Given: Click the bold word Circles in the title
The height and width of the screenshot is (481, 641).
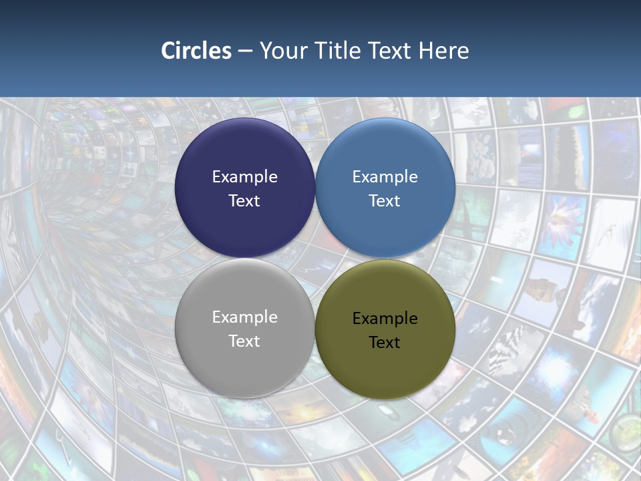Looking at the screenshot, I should [x=196, y=51].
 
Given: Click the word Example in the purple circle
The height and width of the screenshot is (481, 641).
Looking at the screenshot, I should [x=244, y=176].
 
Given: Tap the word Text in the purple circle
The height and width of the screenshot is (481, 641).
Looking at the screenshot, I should [x=244, y=200].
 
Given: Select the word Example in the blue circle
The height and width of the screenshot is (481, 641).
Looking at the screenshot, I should [x=385, y=176].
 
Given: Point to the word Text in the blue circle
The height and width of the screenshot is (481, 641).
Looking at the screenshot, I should [x=385, y=200].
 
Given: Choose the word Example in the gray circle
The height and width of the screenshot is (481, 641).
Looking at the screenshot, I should [x=244, y=317].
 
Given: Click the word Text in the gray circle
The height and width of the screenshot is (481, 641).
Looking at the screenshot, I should [x=244, y=341].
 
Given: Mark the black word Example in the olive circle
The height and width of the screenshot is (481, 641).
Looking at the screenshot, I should [x=385, y=318].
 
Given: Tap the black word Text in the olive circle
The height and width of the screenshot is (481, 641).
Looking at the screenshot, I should [x=385, y=342].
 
